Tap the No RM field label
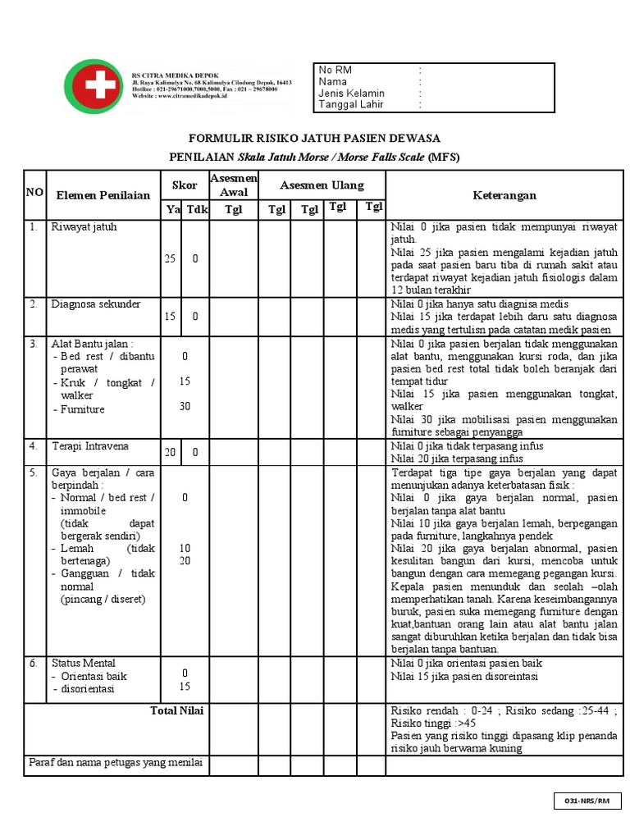click(x=335, y=71)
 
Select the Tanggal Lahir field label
click(x=350, y=105)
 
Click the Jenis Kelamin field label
click(x=351, y=94)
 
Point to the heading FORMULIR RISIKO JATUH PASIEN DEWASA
click(x=315, y=138)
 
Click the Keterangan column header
click(x=504, y=195)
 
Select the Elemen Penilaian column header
click(x=103, y=195)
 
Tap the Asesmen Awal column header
click(x=234, y=185)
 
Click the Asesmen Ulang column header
click(x=322, y=185)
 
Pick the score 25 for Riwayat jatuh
click(x=170, y=258)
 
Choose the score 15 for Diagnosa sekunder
click(x=170, y=316)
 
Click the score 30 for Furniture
click(x=185, y=406)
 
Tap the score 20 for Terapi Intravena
click(x=170, y=452)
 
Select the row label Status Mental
click(x=84, y=663)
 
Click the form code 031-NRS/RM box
click(x=587, y=800)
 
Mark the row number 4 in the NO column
click(x=34, y=447)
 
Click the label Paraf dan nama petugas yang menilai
click(x=116, y=763)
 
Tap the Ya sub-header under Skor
click(x=172, y=210)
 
